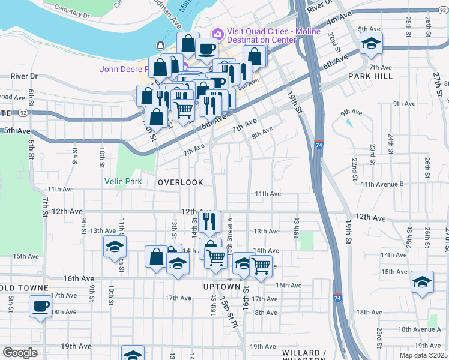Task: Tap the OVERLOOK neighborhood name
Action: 181,182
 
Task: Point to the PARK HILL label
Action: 370,77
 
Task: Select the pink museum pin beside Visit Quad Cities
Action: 217,33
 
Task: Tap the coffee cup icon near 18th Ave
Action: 40,305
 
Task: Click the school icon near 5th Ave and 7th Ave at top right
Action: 371,43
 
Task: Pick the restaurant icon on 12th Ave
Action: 209,221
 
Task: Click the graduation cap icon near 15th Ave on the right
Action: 422,281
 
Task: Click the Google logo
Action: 20,352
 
